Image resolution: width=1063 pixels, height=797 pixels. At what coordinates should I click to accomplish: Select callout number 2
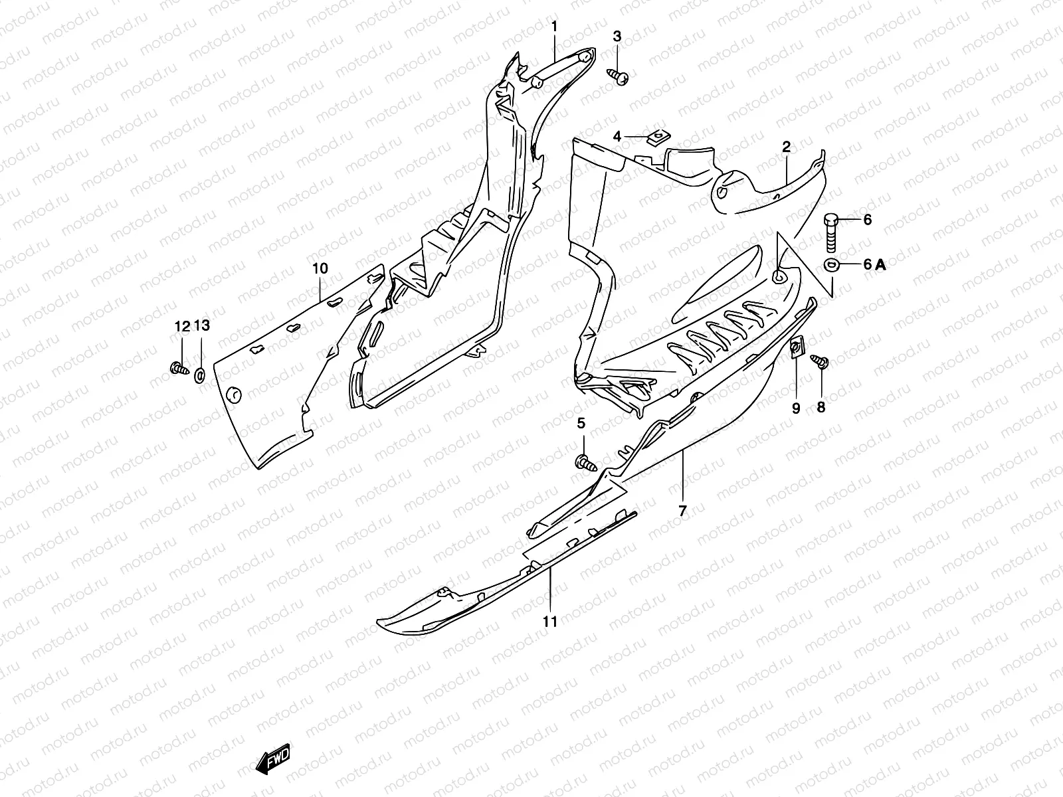(x=786, y=147)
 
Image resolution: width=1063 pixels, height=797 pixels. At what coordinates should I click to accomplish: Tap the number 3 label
(x=617, y=36)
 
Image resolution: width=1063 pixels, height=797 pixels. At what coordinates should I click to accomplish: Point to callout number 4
(x=617, y=137)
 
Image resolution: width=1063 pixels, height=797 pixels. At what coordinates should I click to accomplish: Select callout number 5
(x=581, y=424)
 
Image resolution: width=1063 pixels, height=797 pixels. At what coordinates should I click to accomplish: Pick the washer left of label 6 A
(x=831, y=265)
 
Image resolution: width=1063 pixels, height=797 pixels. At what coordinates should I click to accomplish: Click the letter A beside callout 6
(x=880, y=264)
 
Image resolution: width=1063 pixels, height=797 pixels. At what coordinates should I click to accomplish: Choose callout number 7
(x=682, y=510)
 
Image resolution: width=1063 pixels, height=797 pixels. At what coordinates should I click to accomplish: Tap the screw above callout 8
(x=821, y=362)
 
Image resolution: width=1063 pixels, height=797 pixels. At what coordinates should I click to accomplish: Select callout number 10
(x=320, y=268)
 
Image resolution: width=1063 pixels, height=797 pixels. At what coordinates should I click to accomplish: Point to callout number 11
(x=549, y=621)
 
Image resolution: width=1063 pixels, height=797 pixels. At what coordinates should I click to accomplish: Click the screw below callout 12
(x=178, y=367)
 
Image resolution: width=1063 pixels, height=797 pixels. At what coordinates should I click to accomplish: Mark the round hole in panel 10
(x=233, y=395)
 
